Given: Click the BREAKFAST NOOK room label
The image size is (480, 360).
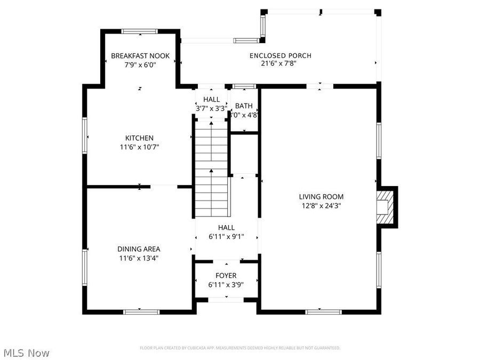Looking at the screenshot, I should pyautogui.click(x=140, y=55).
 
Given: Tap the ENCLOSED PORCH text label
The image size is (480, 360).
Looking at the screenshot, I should pyautogui.click(x=281, y=55).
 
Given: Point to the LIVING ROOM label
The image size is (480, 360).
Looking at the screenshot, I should pyautogui.click(x=321, y=196).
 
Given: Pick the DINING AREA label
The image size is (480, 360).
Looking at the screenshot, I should pyautogui.click(x=139, y=249).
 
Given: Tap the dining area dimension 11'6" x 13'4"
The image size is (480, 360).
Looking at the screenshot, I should pyautogui.click(x=139, y=258).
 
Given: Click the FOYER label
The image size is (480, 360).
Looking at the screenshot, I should pyautogui.click(x=226, y=276).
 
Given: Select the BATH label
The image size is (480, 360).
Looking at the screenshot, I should pyautogui.click(x=244, y=106).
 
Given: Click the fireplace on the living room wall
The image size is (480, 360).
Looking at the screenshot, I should pyautogui.click(x=385, y=207).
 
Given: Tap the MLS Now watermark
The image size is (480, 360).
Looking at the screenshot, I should pyautogui.click(x=27, y=353).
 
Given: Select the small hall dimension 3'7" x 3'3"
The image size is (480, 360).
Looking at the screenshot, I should pyautogui.click(x=211, y=108).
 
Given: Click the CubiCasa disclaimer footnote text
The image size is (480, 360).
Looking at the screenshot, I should pyautogui.click(x=240, y=348).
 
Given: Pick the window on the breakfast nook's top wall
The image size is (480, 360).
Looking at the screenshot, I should pyautogui.click(x=140, y=31).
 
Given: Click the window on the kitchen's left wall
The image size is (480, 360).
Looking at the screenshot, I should pyautogui.click(x=84, y=136).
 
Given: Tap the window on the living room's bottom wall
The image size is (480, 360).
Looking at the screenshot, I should pyautogui.click(x=323, y=311).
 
